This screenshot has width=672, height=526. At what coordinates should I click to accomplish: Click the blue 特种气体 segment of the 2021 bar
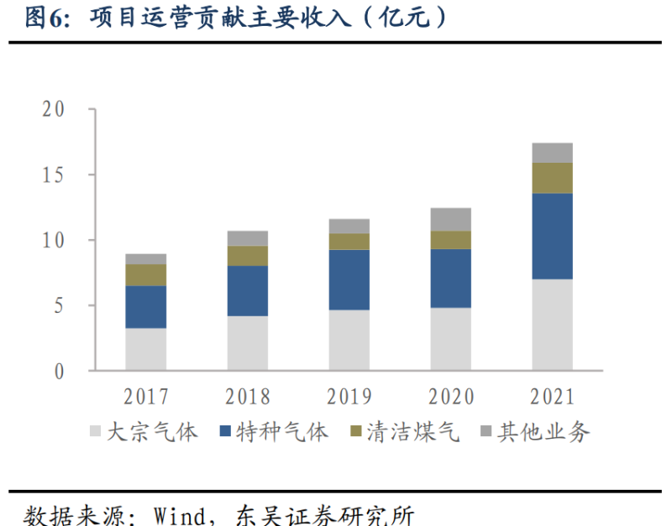[552, 237]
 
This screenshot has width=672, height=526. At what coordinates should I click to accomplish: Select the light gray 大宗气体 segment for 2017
[145, 349]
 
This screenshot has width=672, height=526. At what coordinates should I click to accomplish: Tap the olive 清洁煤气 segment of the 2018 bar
[247, 256]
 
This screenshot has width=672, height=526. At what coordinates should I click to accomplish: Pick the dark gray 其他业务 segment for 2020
[450, 219]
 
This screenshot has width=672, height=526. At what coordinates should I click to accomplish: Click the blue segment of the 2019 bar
[349, 280]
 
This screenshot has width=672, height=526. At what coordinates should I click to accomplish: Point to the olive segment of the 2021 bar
[552, 178]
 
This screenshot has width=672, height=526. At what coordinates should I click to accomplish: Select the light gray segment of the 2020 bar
[450, 339]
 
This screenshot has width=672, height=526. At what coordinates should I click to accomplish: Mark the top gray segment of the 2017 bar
[145, 259]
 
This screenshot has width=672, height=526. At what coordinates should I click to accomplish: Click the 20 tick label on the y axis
[53, 110]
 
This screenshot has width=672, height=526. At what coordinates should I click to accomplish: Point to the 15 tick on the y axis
[53, 175]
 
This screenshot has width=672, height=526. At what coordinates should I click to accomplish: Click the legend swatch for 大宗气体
[95, 432]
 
